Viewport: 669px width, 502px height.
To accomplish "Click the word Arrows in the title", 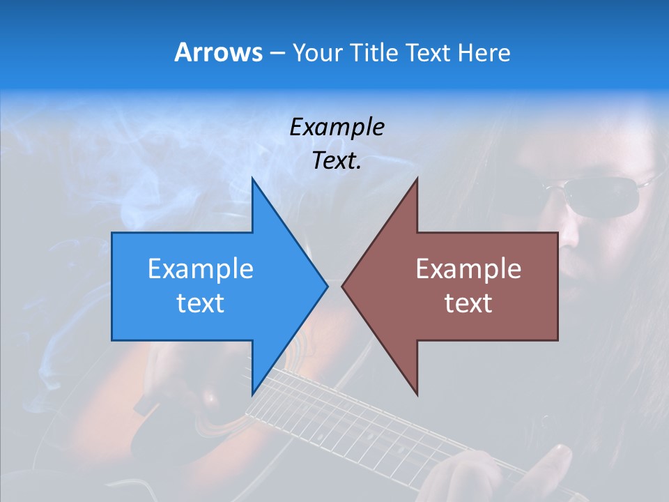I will point(217,52).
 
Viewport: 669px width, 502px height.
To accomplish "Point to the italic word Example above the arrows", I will point(337,128).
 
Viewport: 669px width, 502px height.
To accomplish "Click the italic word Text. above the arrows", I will point(337,160).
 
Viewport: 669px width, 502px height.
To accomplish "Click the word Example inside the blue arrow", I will point(200,269).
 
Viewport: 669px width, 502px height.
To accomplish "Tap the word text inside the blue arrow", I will point(200,303).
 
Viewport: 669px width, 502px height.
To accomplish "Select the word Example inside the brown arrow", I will point(468,269).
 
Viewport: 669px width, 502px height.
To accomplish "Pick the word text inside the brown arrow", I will point(468,303).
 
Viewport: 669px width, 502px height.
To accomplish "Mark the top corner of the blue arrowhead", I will point(252,178).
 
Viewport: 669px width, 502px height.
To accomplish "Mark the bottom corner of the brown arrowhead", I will point(417,395).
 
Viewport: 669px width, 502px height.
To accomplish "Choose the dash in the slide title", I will point(277,53).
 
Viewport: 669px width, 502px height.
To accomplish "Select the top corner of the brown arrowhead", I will point(417,178).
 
